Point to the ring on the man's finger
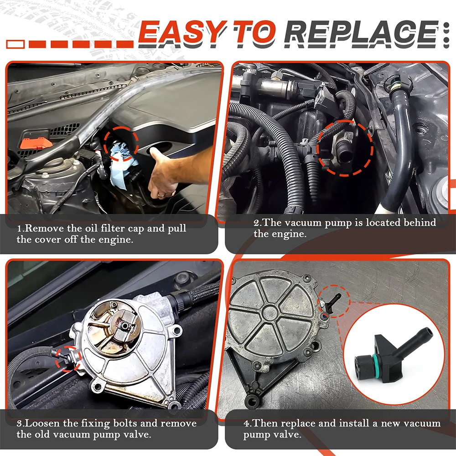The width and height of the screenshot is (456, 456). [x=161, y=195]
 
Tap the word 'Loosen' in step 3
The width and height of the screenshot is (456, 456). [x=44, y=423]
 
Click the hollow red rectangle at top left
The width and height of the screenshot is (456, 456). [x=16, y=44]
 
